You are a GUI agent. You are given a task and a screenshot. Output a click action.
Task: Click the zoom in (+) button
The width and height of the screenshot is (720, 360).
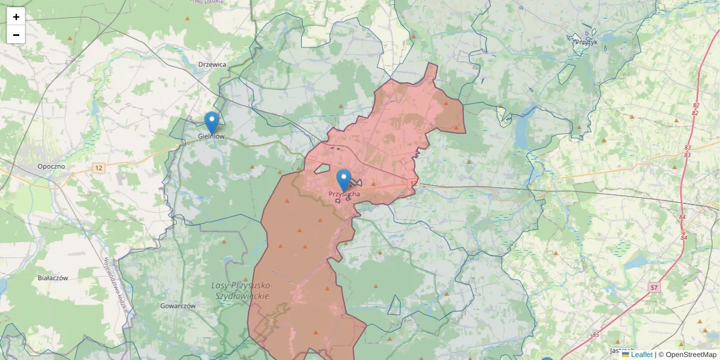[16, 17]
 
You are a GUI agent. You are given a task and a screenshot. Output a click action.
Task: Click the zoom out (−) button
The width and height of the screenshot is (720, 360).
[16, 35]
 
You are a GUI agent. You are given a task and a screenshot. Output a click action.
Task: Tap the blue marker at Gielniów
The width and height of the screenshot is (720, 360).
[211, 122]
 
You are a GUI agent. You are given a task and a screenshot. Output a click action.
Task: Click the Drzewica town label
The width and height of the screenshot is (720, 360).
[212, 65]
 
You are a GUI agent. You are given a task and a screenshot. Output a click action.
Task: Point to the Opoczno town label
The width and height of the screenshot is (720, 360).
[51, 166]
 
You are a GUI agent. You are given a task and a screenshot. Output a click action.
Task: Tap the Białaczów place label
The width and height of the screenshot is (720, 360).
[53, 278]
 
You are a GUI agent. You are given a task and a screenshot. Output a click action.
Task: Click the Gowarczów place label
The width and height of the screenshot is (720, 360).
[178, 305]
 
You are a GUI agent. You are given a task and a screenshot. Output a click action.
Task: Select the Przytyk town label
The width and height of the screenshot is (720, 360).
[586, 42]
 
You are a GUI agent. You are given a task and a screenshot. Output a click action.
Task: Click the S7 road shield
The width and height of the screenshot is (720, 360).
[655, 288]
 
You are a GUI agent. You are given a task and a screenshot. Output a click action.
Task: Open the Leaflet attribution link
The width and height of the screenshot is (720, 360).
[641, 355]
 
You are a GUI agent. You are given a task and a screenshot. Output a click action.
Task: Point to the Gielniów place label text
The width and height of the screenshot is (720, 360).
[211, 137]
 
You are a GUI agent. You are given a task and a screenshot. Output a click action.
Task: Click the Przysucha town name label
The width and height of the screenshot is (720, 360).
[344, 194]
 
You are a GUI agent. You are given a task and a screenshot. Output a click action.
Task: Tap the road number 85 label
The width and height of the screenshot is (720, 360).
[595, 335]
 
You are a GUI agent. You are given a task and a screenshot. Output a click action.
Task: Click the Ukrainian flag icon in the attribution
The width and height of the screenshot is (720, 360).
[625, 355]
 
